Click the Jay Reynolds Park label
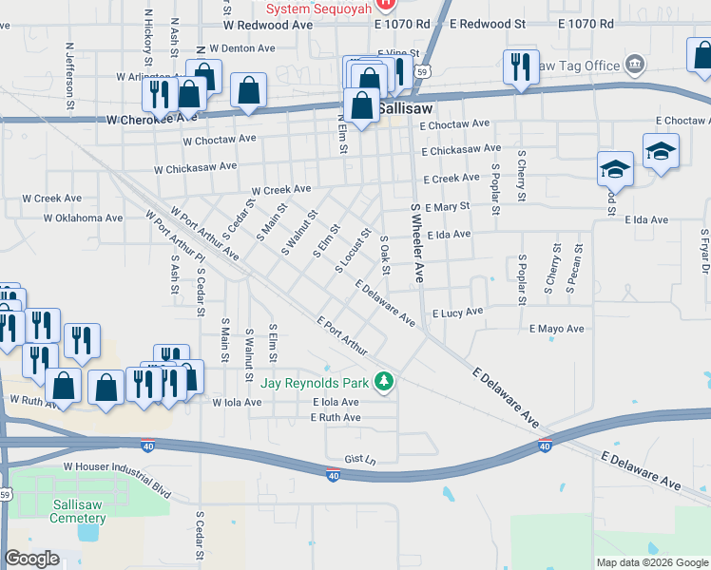tap(317, 383)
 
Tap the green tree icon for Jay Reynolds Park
tap(384, 382)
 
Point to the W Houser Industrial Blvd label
tap(116, 466)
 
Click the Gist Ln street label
tap(361, 459)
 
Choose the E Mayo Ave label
tap(556, 329)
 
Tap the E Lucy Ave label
tap(457, 312)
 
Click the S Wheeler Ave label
tap(416, 245)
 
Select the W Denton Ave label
tap(242, 47)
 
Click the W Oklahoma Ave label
tap(84, 218)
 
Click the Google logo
tap(32, 559)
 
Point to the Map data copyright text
tap(651, 561)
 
